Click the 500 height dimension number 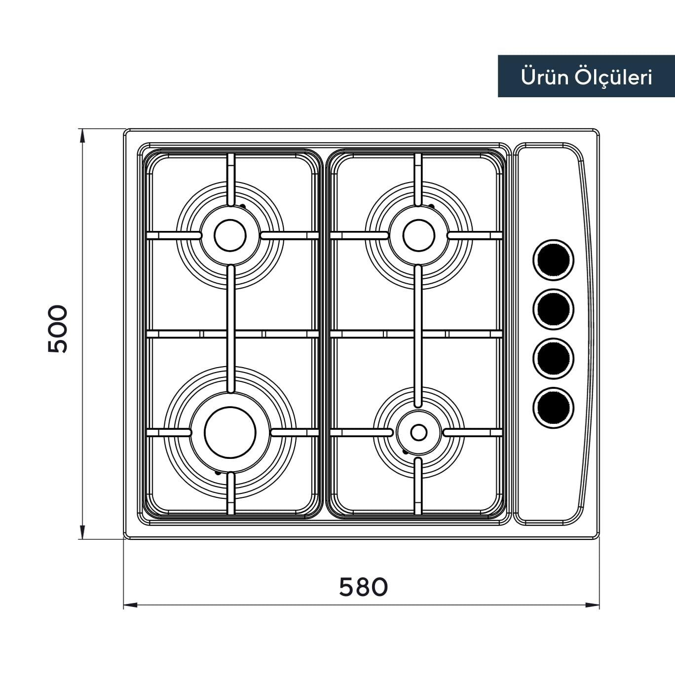coord(57,329)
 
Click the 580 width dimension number coord(364,587)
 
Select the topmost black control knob coord(554,260)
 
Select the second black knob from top coord(554,309)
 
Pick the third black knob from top coord(554,359)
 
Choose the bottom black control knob coord(554,408)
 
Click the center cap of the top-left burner coord(230,235)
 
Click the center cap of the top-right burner coord(419,235)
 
